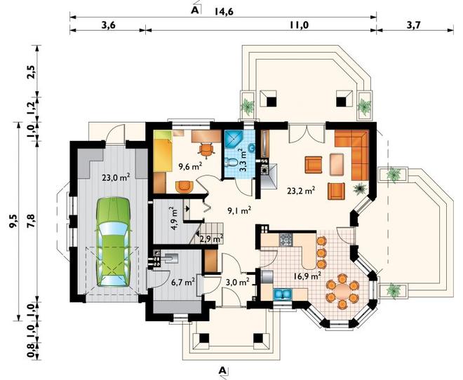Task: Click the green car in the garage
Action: pos(114,241)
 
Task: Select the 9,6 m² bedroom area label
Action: pos(190,167)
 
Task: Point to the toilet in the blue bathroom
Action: pos(231,162)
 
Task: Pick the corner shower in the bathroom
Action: pos(232,139)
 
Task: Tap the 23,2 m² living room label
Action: pos(300,191)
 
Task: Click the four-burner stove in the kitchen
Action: pos(286,240)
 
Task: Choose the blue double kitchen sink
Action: pos(283,294)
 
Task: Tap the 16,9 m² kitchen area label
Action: pos(307,276)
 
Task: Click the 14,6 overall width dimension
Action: pos(224,11)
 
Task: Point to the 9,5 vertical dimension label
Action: pos(13,221)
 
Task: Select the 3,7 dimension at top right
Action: pos(413,25)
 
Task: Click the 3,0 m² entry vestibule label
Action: pos(237,282)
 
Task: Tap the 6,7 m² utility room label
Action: pos(183,283)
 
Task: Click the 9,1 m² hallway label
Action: pos(239,210)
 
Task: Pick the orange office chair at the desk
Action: pos(206,149)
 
